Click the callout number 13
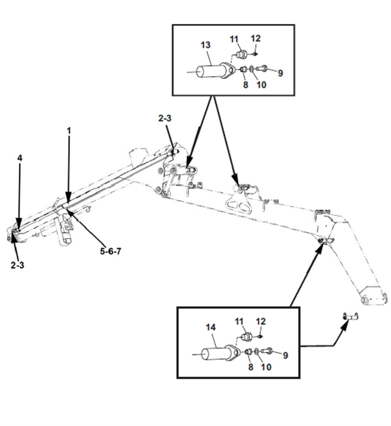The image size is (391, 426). tap(205, 45)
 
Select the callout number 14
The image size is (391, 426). tap(210, 328)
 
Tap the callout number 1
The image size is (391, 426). tap(69, 131)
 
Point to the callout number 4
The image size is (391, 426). tap(20, 158)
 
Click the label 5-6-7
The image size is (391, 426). tap(111, 251)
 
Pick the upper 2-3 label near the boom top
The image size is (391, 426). tap(165, 118)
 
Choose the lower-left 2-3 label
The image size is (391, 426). tap(17, 265)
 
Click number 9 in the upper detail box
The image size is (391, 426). tap(280, 73)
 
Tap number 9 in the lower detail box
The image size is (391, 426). tap(285, 355)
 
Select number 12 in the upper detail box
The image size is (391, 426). tap(256, 38)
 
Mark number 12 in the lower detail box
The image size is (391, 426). tap(261, 321)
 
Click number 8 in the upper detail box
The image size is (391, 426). tap(245, 85)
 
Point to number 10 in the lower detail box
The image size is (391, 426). tap(266, 367)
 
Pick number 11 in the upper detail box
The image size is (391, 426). tap(234, 39)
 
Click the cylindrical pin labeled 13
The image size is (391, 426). tap(211, 71)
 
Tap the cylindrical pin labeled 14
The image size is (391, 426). tap(216, 354)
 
